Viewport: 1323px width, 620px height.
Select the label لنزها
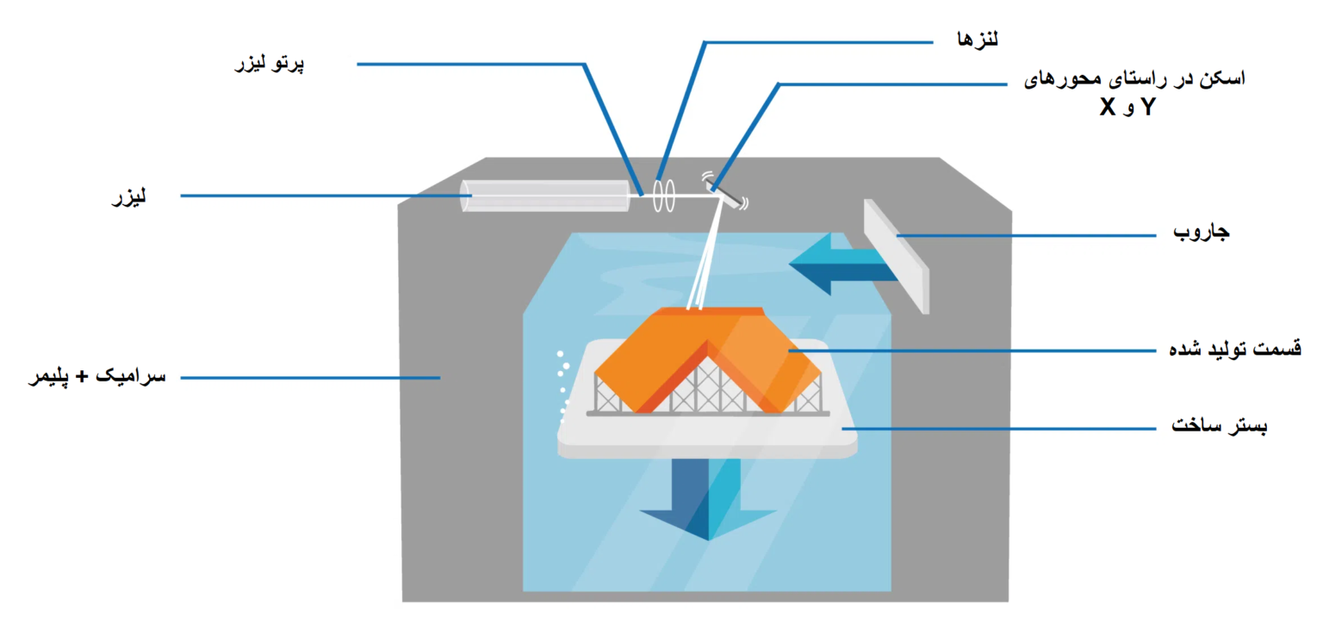point(978,38)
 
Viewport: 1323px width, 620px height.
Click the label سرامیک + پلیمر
point(96,377)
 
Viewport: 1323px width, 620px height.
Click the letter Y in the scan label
point(1148,108)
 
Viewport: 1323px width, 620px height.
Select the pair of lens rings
point(661,195)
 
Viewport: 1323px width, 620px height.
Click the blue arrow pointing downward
point(707,499)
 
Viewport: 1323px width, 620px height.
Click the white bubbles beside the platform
point(563,379)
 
